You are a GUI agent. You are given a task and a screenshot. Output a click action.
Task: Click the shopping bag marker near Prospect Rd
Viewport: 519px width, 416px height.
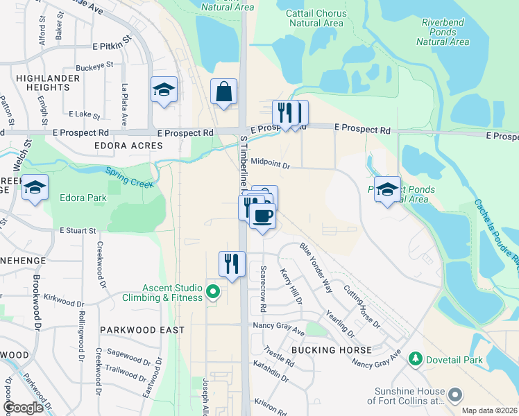[224, 92]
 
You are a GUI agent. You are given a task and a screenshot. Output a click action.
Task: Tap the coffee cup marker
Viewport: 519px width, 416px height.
[262, 216]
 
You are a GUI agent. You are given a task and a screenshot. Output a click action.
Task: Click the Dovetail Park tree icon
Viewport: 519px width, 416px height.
[416, 358]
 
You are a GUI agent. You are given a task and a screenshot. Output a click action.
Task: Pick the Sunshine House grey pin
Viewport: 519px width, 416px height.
[455, 395]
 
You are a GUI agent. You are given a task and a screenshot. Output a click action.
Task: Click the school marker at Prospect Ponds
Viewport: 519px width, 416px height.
[388, 189]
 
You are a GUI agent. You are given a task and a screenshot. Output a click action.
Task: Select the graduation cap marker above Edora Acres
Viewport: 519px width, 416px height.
[164, 90]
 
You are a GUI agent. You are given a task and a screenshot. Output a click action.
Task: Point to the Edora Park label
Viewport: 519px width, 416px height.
[83, 198]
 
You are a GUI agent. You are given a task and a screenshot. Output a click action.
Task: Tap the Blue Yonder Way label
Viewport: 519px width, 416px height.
[316, 265]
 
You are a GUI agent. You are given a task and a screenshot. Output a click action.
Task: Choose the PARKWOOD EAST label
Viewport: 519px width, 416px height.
[142, 330]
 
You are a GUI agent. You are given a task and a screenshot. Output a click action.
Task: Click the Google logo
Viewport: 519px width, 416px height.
[23, 408]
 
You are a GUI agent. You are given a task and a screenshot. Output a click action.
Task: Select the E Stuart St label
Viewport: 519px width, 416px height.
[76, 229]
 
